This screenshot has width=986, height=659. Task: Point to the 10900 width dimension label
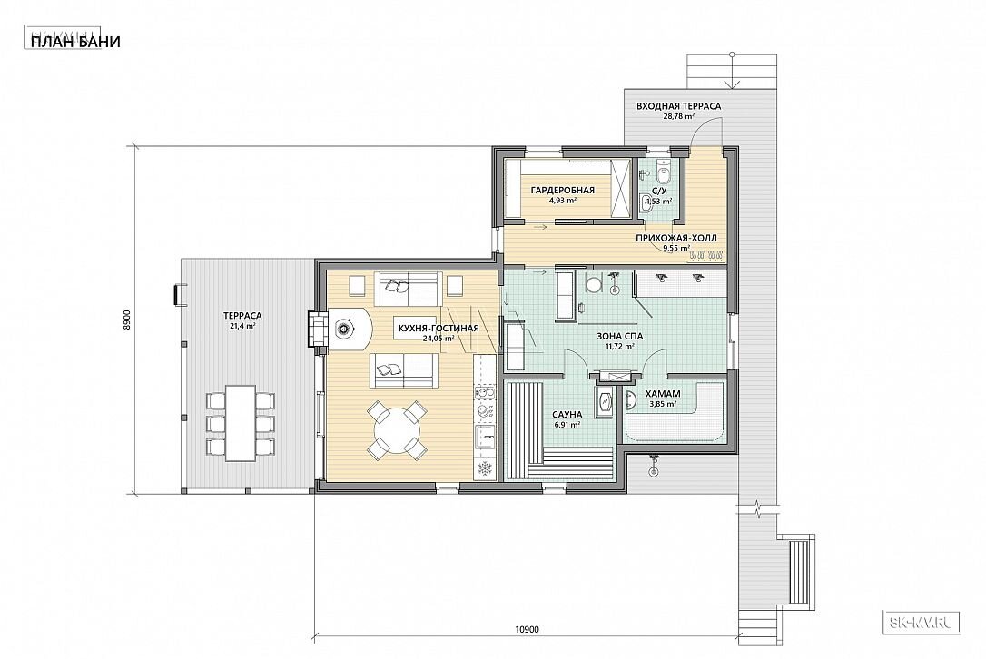coord(527,629)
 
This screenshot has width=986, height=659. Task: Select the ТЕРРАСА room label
coord(242,316)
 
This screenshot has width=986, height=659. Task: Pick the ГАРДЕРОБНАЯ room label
coord(562,191)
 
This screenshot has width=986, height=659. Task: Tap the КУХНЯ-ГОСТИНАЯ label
coord(439,329)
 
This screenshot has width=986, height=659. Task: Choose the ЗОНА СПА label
coord(619,337)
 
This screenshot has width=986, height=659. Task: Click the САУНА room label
coord(567,415)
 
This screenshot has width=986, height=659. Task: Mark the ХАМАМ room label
coord(663,394)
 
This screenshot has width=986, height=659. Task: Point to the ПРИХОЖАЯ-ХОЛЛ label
coord(676,239)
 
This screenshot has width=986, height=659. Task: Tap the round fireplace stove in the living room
coord(344,328)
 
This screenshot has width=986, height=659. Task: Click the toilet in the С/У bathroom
coord(662,169)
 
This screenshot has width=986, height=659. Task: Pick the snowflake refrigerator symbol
coord(484,467)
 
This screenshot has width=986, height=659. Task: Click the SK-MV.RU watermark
coord(922,622)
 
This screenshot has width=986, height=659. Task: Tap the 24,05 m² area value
coord(439,339)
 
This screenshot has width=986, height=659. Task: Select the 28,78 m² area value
coord(679,116)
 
